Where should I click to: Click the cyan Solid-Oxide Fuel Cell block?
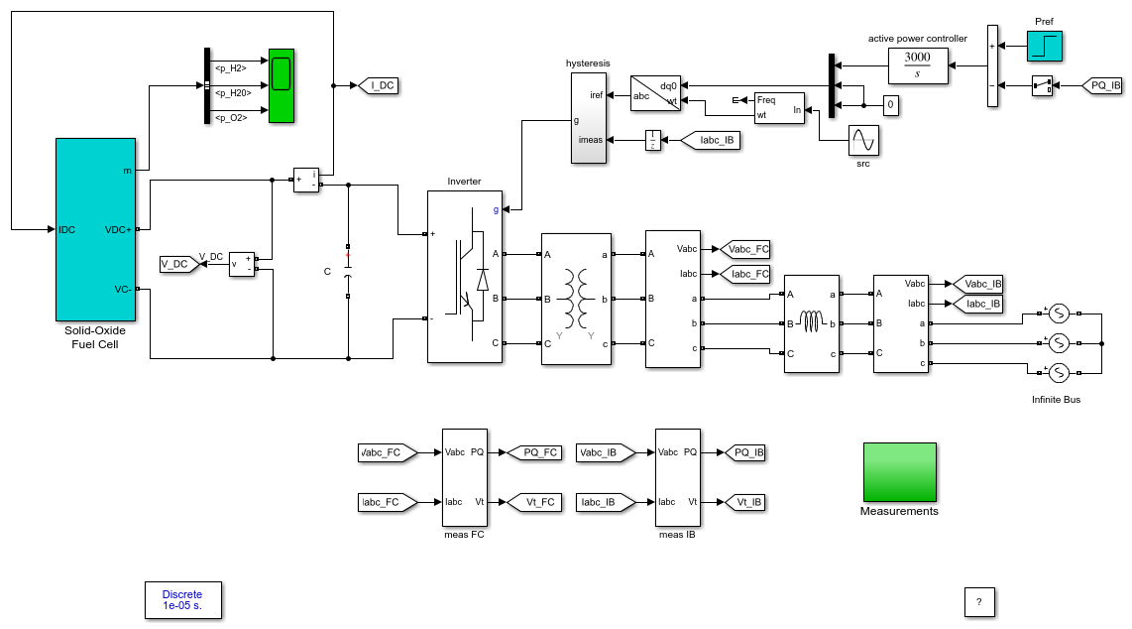click(95, 229)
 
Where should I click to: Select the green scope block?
click(282, 86)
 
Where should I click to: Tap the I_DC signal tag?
click(379, 86)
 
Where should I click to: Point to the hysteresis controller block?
click(589, 118)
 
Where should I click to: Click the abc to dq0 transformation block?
click(655, 94)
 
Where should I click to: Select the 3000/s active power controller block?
click(918, 65)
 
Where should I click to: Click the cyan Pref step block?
click(1045, 46)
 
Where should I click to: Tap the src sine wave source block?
click(863, 140)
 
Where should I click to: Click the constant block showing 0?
click(891, 105)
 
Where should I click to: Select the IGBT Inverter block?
click(465, 277)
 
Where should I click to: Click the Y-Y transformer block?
click(576, 299)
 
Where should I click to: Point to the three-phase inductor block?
click(812, 323)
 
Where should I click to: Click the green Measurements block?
click(899, 472)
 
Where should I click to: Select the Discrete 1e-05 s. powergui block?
click(183, 600)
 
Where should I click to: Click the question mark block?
click(979, 602)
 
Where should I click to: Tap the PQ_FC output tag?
click(534, 452)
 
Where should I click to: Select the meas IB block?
click(678, 477)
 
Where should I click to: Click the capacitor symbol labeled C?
click(348, 272)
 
